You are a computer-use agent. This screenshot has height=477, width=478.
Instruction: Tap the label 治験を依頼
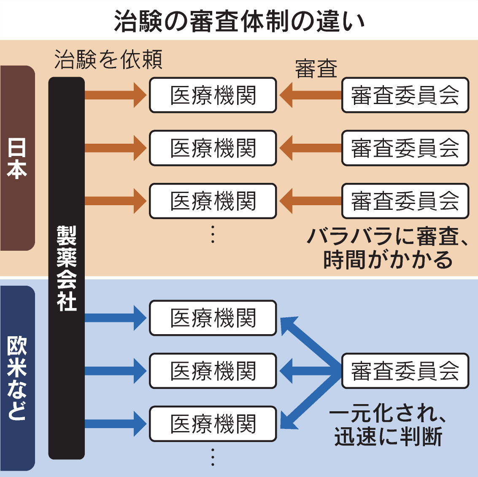tap(108, 60)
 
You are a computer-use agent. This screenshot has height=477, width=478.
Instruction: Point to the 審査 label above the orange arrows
tap(316, 69)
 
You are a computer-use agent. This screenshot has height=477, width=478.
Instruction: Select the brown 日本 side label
tap(17, 158)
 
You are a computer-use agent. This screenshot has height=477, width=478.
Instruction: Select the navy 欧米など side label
tap(17, 378)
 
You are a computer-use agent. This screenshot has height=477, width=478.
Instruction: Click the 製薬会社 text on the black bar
tap(67, 268)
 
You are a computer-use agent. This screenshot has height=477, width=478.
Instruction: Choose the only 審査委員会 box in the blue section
tap(405, 371)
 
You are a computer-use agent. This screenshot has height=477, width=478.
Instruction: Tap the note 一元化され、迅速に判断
tap(387, 426)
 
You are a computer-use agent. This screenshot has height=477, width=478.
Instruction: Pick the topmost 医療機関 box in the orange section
tap(213, 95)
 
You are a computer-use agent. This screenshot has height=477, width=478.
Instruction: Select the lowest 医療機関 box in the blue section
tap(213, 424)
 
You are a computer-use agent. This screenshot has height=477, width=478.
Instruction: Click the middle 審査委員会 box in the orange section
tap(405, 148)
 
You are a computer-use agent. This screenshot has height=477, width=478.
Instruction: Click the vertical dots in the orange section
tap(213, 234)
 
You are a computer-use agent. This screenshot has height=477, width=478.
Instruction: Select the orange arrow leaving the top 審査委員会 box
tap(310, 95)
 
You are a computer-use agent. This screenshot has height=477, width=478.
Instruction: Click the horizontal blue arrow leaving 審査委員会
tap(308, 371)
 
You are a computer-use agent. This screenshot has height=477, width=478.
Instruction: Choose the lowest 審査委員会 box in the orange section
tap(405, 201)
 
